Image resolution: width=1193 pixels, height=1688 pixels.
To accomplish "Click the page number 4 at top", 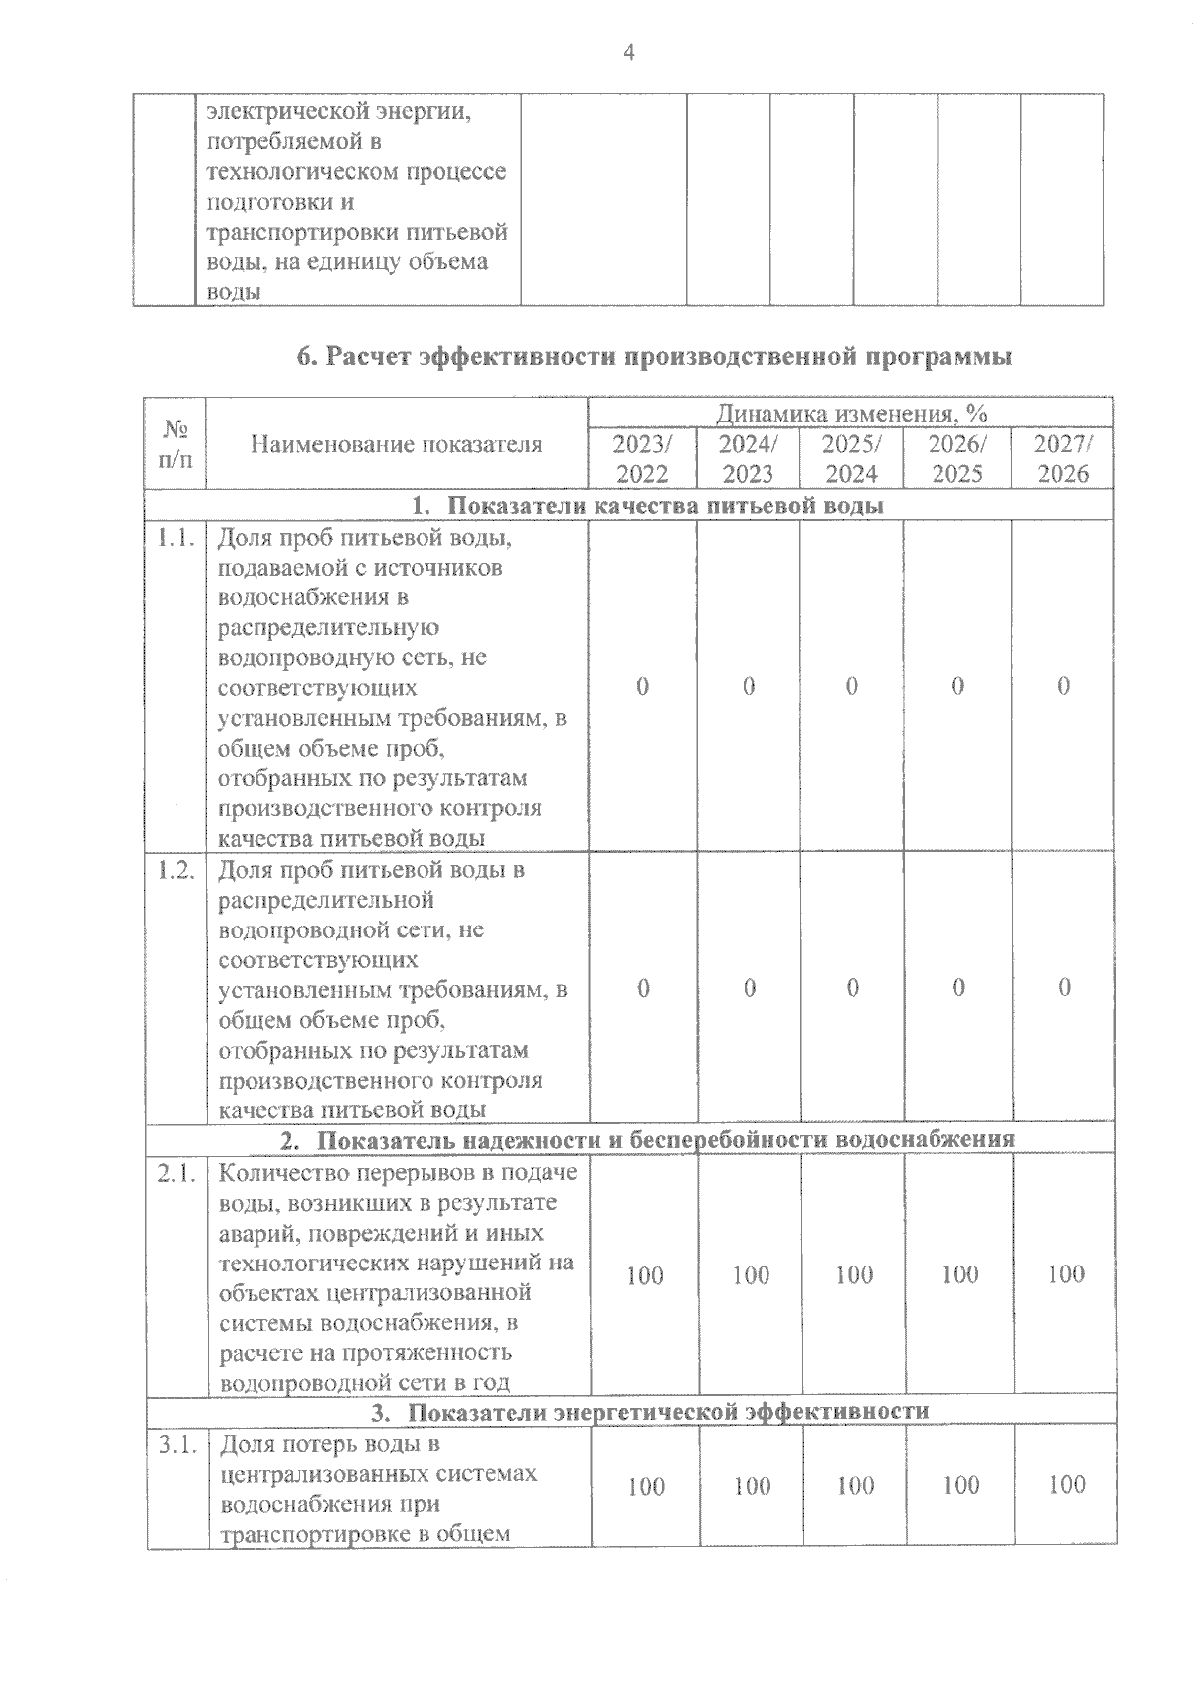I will pyautogui.click(x=627, y=53).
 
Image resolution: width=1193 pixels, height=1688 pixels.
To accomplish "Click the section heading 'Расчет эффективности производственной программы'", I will pyautogui.click(x=654, y=357).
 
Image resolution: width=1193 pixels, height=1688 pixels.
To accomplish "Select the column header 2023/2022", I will pyautogui.click(x=642, y=458).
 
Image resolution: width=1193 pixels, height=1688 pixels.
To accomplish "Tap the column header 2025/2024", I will pyautogui.click(x=852, y=458).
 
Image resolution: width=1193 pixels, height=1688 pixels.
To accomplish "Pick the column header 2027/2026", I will pyautogui.click(x=1063, y=458).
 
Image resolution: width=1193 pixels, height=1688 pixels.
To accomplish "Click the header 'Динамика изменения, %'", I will pyautogui.click(x=851, y=413).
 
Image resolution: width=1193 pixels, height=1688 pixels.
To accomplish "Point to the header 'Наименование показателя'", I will pyautogui.click(x=396, y=444).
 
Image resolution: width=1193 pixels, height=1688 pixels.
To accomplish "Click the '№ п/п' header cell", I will pyautogui.click(x=176, y=444).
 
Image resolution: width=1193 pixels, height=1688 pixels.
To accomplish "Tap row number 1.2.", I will pyautogui.click(x=175, y=869).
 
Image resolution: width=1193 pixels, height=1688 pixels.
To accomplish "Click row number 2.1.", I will pyautogui.click(x=175, y=1173).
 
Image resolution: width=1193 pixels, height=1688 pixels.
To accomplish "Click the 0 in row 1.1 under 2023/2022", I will pyautogui.click(x=642, y=686).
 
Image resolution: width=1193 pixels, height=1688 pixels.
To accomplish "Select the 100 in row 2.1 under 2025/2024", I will pyautogui.click(x=854, y=1274).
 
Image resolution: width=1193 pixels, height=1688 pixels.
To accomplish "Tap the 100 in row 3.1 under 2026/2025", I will pyautogui.click(x=960, y=1485).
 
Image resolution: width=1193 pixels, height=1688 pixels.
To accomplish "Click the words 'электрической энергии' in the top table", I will pyautogui.click(x=339, y=111).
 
